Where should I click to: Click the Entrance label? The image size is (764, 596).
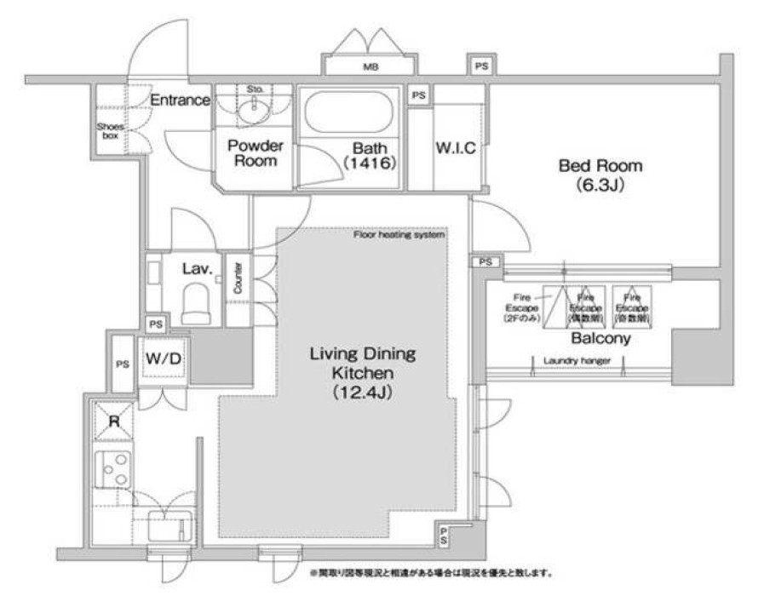pyautogui.click(x=180, y=100)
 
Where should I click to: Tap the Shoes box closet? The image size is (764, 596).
pyautogui.click(x=110, y=129)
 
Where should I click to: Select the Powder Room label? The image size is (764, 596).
pyautogui.click(x=255, y=152)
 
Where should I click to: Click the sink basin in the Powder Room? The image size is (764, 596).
pyautogui.click(x=253, y=109)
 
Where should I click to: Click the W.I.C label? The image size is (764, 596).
pyautogui.click(x=456, y=147)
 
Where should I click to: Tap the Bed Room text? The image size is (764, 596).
pyautogui.click(x=600, y=165)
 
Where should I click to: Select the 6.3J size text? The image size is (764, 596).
pyautogui.click(x=600, y=185)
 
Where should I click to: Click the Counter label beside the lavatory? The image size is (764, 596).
pyautogui.click(x=238, y=278)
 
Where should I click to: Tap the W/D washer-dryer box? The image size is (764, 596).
pyautogui.click(x=162, y=358)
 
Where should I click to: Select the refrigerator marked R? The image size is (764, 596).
pyautogui.click(x=114, y=420)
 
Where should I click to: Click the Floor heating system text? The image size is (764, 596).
pyautogui.click(x=399, y=234)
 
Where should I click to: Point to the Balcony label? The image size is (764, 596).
pyautogui.click(x=600, y=338)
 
